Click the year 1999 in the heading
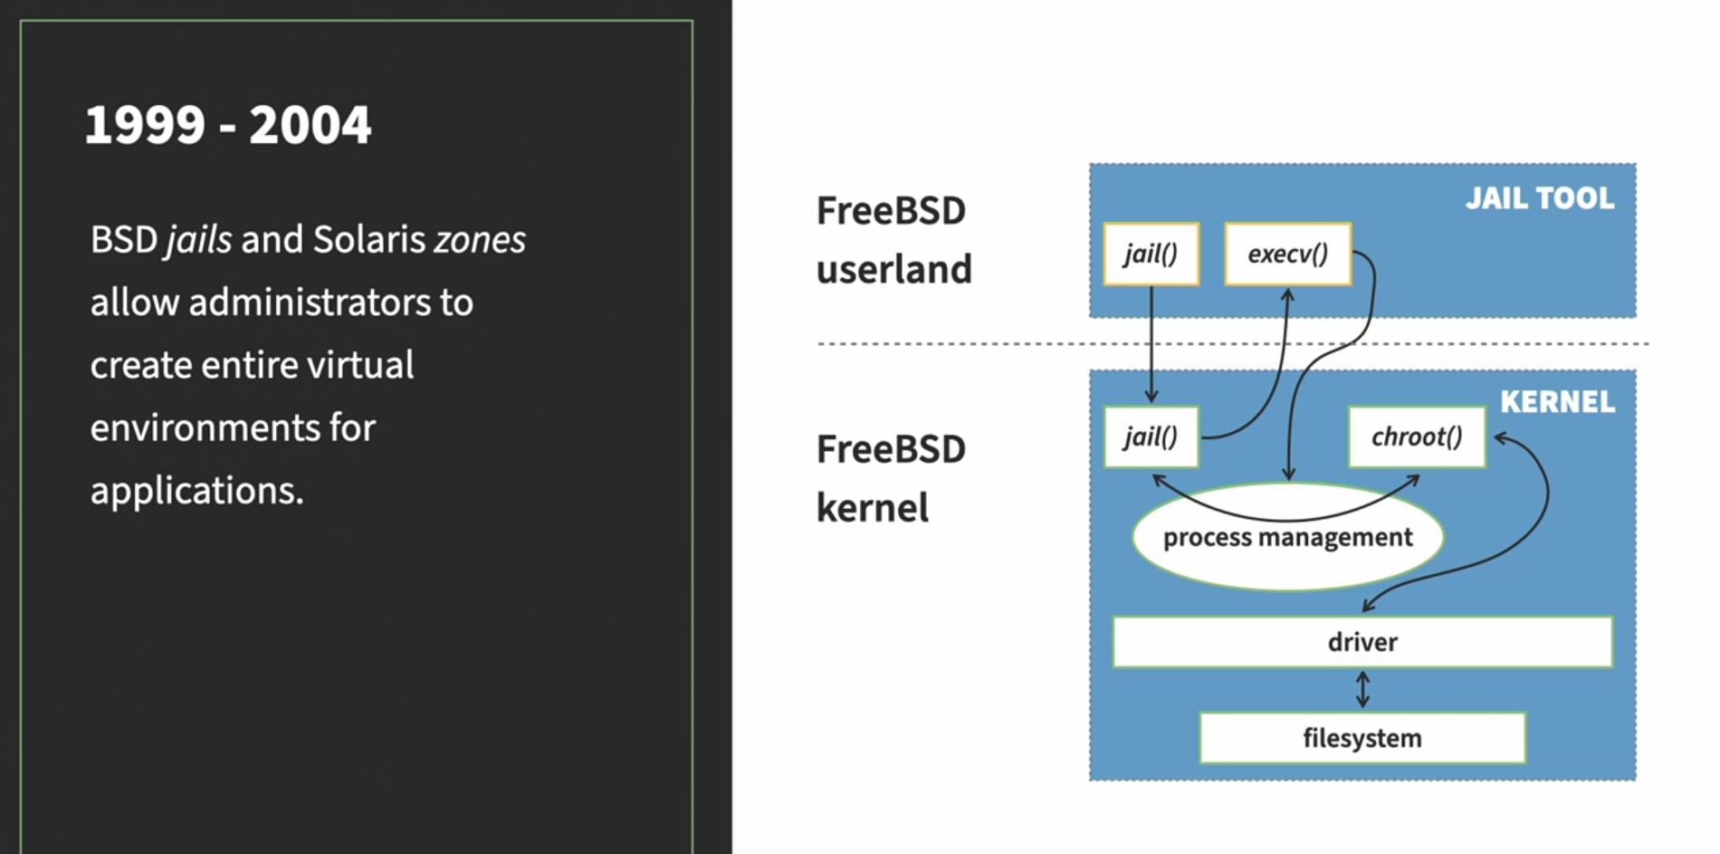pyautogui.click(x=145, y=125)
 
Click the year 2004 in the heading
pyautogui.click(x=310, y=125)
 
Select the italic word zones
pyautogui.click(x=479, y=240)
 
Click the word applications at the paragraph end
pyautogui.click(x=196, y=491)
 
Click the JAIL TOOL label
pyautogui.click(x=1539, y=198)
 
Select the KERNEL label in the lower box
pyautogui.click(x=1557, y=402)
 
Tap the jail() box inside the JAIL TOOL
pyautogui.click(x=1151, y=254)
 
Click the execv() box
pyautogui.click(x=1287, y=254)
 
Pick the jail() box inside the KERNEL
pyautogui.click(x=1151, y=437)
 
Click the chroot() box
pyautogui.click(x=1416, y=437)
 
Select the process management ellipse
pyautogui.click(x=1286, y=538)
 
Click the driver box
pyautogui.click(x=1362, y=642)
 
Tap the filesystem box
pyautogui.click(x=1362, y=738)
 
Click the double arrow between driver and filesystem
pyautogui.click(x=1362, y=690)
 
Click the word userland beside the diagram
pyautogui.click(x=893, y=270)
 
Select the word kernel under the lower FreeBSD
pyautogui.click(x=872, y=508)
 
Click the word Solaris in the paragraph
pyautogui.click(x=368, y=240)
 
